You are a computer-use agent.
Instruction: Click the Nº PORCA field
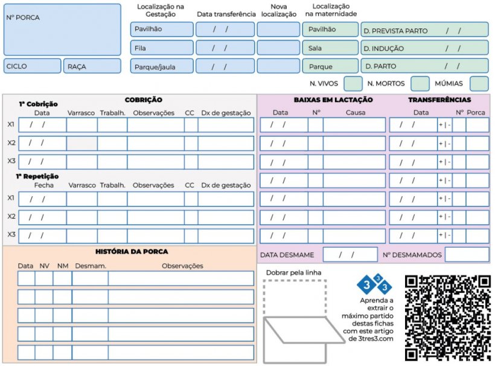(x=62, y=29)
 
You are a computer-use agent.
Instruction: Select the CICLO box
(x=32, y=66)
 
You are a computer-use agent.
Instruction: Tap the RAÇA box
(x=92, y=66)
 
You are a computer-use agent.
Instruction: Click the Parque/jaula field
(x=162, y=66)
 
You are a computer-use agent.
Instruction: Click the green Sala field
(x=330, y=48)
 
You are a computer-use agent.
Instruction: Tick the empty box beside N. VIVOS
(x=353, y=83)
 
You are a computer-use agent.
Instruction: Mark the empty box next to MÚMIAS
(x=479, y=83)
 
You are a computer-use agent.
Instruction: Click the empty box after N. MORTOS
(x=420, y=83)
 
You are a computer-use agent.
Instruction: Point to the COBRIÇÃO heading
(x=143, y=100)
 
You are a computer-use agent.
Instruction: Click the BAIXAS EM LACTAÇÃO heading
(x=333, y=100)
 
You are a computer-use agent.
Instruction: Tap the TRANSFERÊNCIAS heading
(x=439, y=100)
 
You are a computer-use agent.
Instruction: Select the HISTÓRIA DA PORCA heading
(x=132, y=251)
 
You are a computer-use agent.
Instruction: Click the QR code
(x=447, y=318)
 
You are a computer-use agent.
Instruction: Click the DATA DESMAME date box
(x=350, y=255)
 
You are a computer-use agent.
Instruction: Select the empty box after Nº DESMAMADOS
(x=467, y=255)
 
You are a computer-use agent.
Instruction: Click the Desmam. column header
(x=91, y=266)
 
